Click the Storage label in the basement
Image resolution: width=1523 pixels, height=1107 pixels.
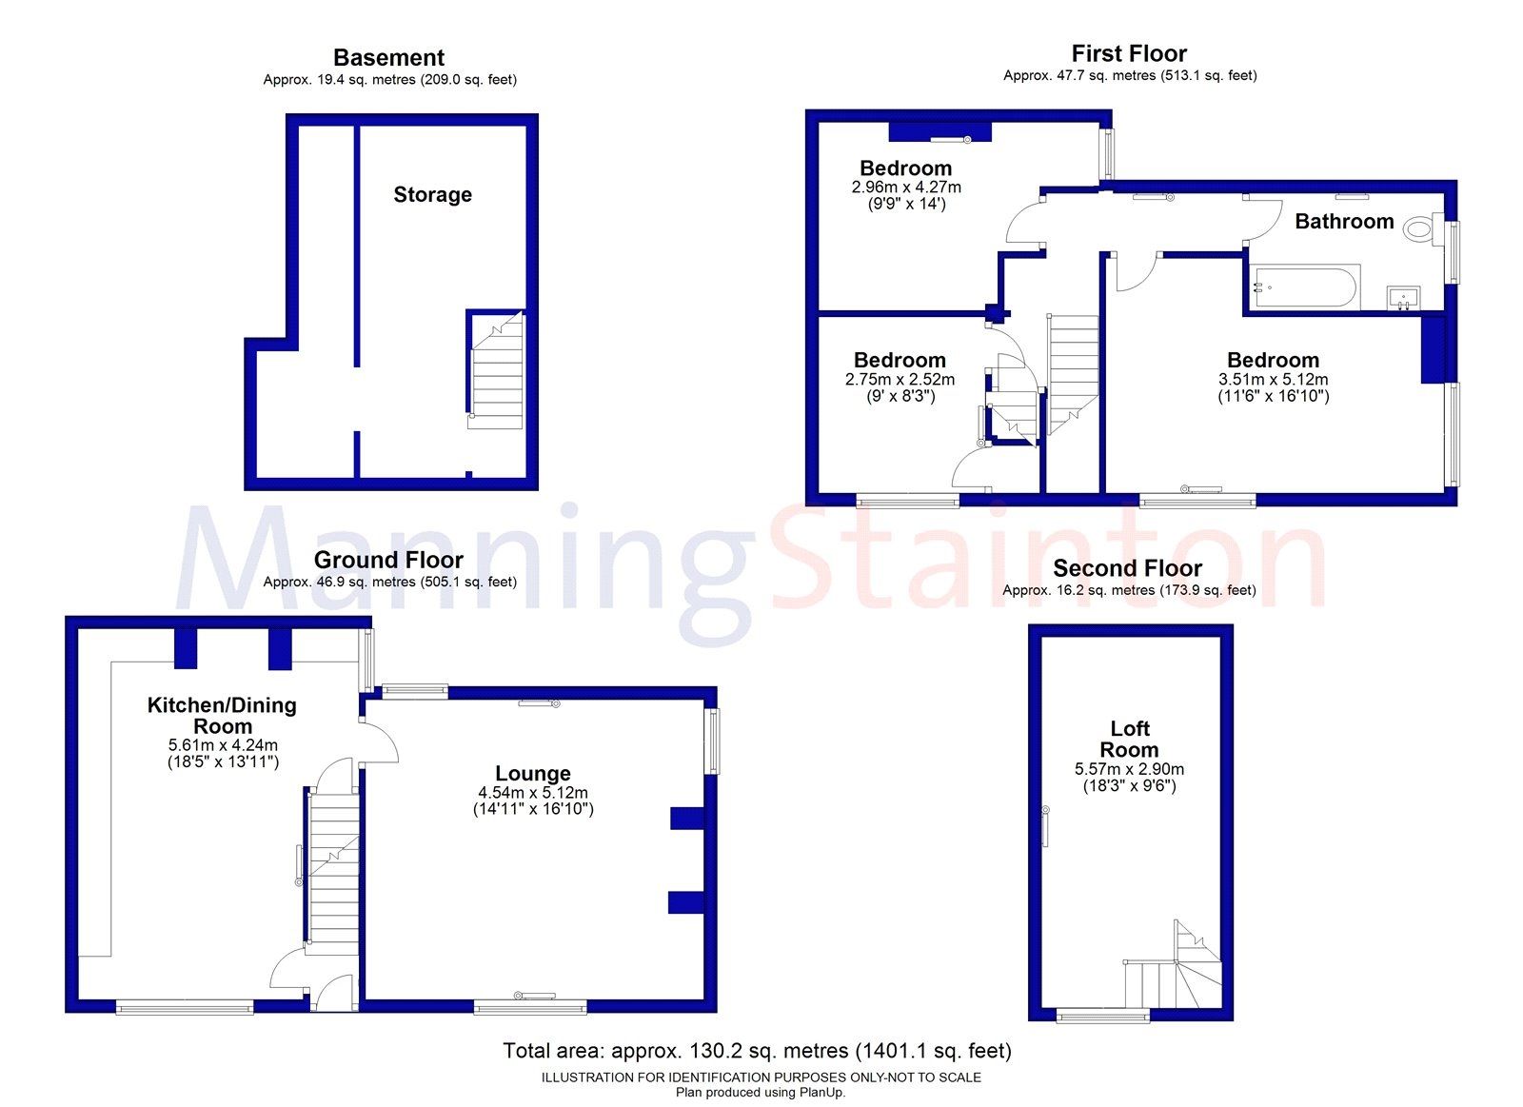tap(432, 194)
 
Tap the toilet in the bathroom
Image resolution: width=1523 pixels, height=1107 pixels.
tap(1421, 227)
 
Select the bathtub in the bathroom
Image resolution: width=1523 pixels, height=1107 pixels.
tap(1303, 287)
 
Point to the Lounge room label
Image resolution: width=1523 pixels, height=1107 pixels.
tap(532, 774)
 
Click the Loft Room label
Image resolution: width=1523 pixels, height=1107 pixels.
tap(1129, 739)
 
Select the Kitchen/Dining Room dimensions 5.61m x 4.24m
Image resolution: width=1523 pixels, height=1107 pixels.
tap(223, 745)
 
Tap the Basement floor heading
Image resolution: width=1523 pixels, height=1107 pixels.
tap(388, 57)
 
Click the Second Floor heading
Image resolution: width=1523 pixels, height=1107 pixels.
tap(1128, 568)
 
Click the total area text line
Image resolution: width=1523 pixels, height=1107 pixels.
tap(757, 1051)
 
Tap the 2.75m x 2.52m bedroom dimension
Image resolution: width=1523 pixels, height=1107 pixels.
tap(900, 379)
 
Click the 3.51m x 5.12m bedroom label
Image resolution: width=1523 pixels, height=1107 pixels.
tap(1273, 360)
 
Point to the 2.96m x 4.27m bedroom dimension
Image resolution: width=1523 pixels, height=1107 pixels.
tap(906, 188)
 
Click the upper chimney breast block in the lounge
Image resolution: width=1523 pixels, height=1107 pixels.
tap(686, 818)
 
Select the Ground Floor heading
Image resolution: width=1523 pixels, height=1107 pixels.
tap(388, 560)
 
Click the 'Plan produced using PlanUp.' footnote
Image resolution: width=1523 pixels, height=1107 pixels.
tap(761, 1092)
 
